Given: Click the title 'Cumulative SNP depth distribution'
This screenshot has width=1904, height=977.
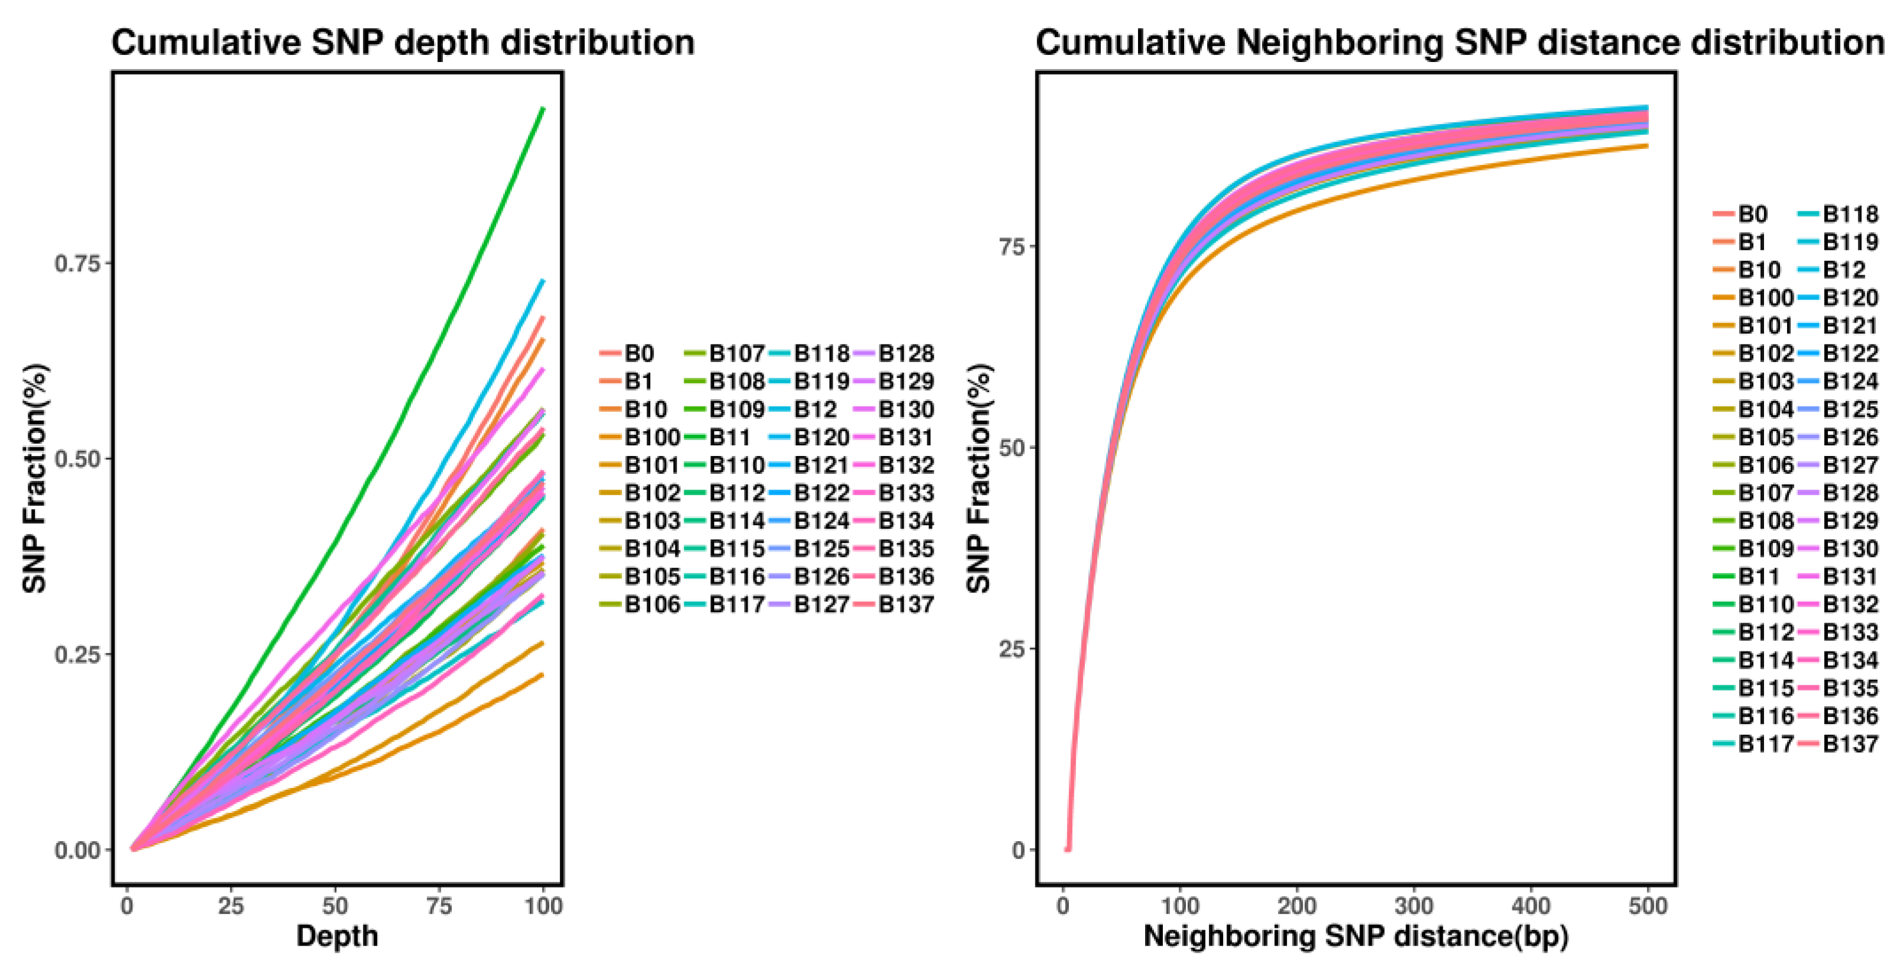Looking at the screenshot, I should [x=403, y=43].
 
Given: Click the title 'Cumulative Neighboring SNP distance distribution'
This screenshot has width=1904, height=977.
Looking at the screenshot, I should [x=1460, y=43].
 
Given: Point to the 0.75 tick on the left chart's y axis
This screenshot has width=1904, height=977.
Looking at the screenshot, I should [x=77, y=263].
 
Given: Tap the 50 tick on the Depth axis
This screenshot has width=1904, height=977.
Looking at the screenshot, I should [x=335, y=906].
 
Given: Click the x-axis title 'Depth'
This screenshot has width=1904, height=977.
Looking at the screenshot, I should [x=337, y=936].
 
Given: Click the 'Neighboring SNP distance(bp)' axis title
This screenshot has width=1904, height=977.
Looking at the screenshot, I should [x=1355, y=936].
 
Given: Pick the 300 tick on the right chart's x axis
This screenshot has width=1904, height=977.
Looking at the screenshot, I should [x=1413, y=906].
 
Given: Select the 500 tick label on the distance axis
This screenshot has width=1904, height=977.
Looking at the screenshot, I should [x=1648, y=906].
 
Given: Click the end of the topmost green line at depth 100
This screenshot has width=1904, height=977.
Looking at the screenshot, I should [x=543, y=109].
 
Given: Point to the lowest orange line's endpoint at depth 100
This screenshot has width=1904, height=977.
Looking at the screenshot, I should [x=543, y=674].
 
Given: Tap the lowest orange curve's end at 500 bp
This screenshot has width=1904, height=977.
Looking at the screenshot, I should [x=1648, y=145].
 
